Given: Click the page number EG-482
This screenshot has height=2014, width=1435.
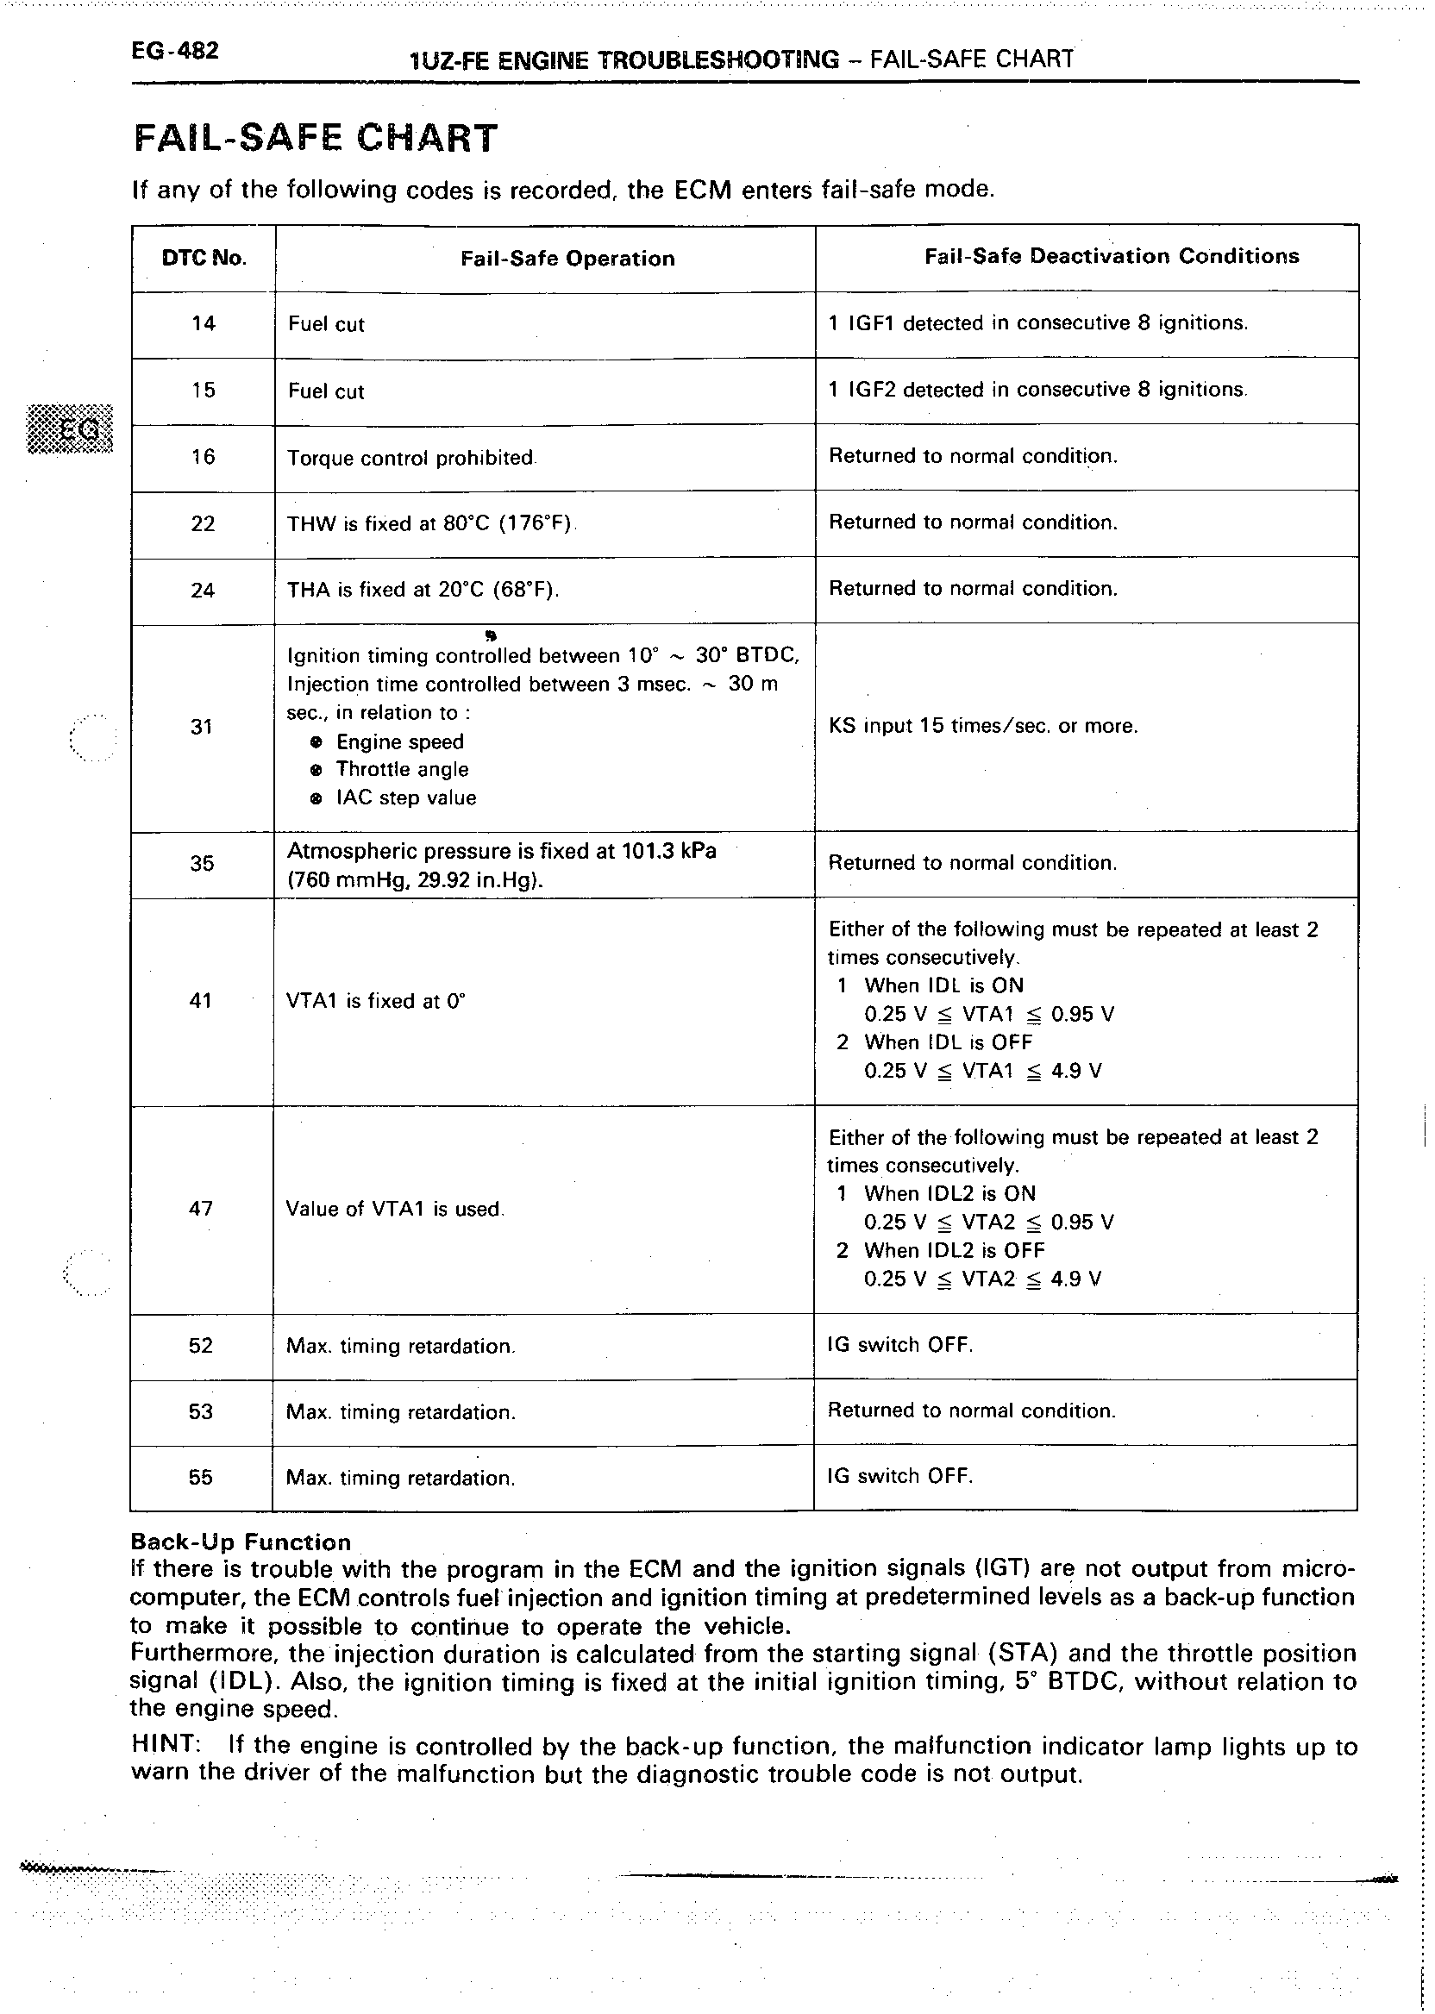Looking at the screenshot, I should coord(174,51).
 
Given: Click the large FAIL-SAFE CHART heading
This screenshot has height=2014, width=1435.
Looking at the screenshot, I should coord(316,139).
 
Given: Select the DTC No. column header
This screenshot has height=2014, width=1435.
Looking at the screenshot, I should coord(204,258).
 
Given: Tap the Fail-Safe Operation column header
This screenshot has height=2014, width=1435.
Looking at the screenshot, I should coord(567,258).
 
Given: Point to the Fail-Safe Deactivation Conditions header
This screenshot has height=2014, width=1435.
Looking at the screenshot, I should coord(1112,256).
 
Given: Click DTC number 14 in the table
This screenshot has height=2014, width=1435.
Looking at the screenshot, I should coord(204,323).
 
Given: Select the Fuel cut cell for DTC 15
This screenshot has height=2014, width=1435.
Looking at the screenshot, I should coord(326,391).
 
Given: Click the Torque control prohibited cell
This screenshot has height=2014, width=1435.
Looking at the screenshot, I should coord(410,459).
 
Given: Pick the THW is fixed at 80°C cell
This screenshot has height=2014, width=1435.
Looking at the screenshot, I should coord(429,524).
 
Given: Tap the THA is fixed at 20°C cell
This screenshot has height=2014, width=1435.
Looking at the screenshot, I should coord(423,589).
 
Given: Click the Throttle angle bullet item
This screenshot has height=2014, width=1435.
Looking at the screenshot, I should coord(402,769).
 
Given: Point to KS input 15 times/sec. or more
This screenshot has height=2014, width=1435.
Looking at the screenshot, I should coord(982,726).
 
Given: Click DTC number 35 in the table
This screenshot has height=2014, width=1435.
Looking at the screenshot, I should coord(202,863).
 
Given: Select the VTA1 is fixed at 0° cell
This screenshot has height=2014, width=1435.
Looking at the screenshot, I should coord(375,1001).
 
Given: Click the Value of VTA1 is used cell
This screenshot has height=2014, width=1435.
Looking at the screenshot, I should coord(394,1209).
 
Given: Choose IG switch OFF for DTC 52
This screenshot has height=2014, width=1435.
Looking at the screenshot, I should coord(899,1344).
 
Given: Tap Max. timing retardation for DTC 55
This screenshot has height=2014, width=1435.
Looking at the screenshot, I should coord(400,1478).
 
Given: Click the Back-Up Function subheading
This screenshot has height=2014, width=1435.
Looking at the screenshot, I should coord(241,1542).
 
